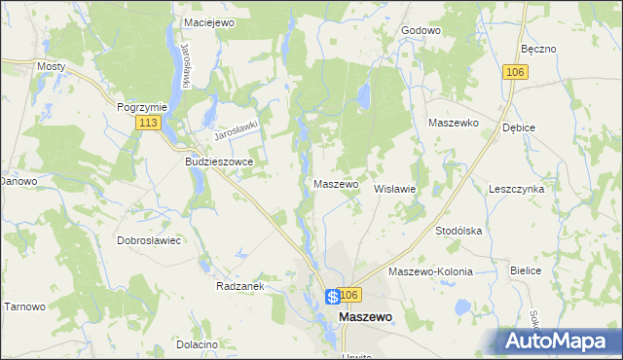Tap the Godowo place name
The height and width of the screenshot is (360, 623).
(x=421, y=30)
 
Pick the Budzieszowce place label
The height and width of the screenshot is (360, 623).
(x=219, y=162)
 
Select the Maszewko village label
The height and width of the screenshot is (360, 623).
(x=453, y=124)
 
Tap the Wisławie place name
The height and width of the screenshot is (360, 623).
(x=395, y=189)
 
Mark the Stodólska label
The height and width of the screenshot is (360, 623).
(x=458, y=231)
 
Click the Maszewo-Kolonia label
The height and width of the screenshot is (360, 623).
(x=430, y=271)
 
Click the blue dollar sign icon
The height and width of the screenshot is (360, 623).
(x=333, y=297)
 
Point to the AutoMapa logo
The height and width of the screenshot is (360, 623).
(x=559, y=341)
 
